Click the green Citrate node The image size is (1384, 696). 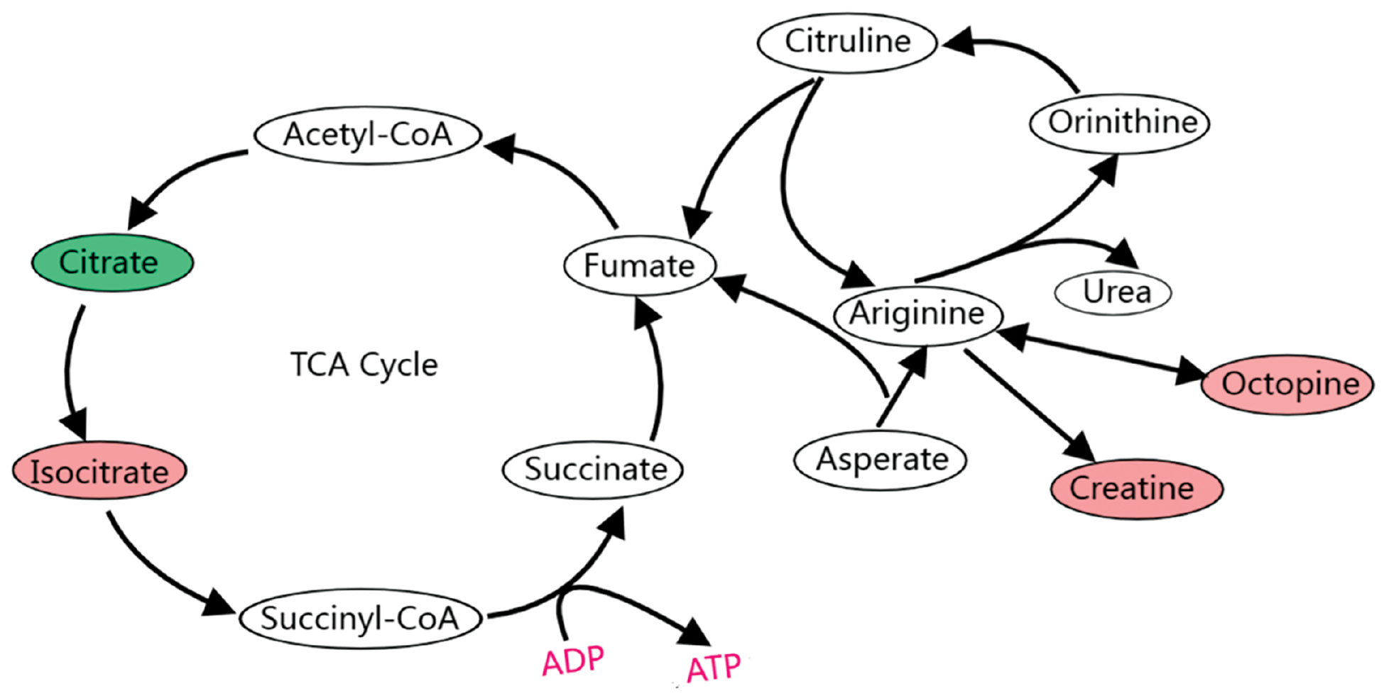coord(112,263)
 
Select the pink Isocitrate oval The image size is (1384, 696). coord(99,470)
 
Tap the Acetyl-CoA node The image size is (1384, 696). coord(368,135)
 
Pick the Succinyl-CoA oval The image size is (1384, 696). coord(361,618)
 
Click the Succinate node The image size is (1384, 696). coord(592,469)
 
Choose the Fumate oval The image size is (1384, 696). coord(640,265)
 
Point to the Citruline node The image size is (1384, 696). coord(847,42)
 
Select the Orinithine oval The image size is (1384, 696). coord(1119,123)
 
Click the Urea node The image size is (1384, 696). coord(1113,292)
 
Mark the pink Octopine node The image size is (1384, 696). coord(1287,385)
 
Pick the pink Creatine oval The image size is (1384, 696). coord(1137,488)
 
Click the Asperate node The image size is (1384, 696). coord(881,460)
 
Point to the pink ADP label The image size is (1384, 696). coord(573,661)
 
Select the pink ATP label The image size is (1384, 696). coord(714,668)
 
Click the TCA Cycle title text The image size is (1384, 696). coord(364,365)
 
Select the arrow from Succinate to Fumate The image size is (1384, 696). coord(659,369)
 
